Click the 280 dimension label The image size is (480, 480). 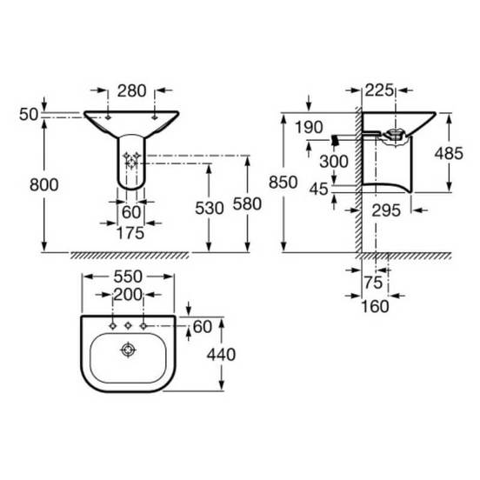tap(132, 91)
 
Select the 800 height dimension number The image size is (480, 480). tap(44, 185)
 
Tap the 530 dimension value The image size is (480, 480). tap(210, 209)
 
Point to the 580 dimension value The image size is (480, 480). tap(247, 203)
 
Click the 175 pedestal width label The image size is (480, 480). tap(130, 233)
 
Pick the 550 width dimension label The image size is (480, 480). tap(128, 277)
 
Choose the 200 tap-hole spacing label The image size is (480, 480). tap(128, 295)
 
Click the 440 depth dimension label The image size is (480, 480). tap(221, 355)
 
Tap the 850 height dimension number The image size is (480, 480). tap(283, 183)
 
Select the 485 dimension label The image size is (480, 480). tap(449, 153)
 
